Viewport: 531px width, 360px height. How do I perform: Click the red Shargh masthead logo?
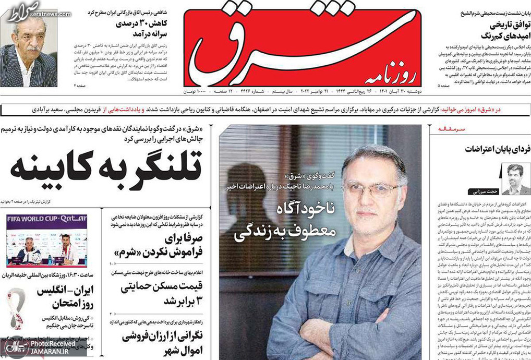[303, 44]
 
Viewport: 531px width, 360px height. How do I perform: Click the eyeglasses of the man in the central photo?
[371, 189]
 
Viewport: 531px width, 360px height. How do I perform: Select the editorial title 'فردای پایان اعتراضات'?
[497, 149]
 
